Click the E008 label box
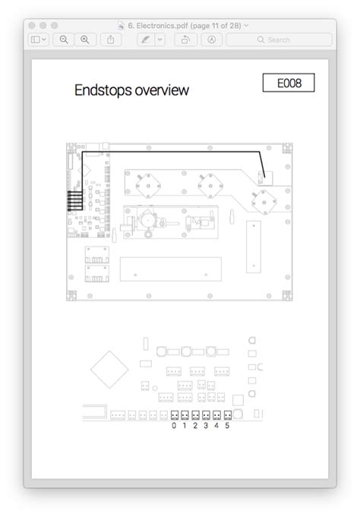(289, 83)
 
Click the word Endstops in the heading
(103, 90)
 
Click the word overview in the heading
(162, 90)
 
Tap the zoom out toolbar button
(64, 39)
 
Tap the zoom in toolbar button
(85, 39)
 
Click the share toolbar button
(111, 39)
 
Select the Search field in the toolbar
(279, 39)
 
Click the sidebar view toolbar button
(39, 39)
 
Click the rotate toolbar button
(186, 39)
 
